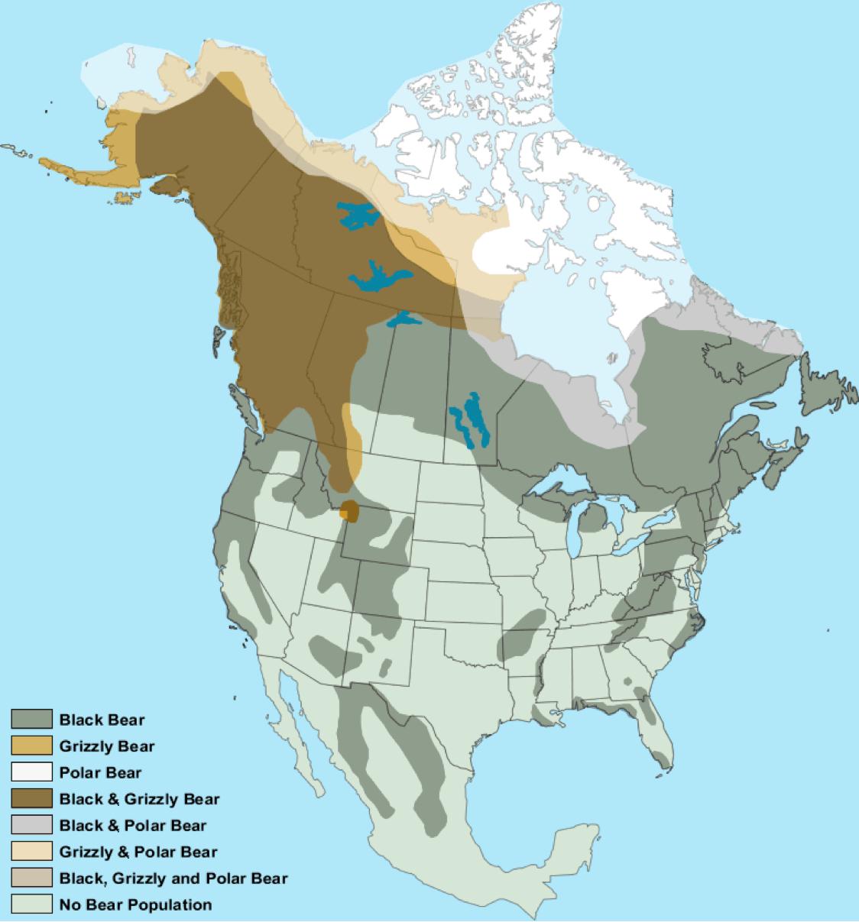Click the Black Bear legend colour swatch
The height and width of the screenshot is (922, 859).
pyautogui.click(x=31, y=719)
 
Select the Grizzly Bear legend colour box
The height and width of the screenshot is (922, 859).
pyautogui.click(x=31, y=746)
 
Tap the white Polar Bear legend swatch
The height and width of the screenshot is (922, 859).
pyautogui.click(x=31, y=772)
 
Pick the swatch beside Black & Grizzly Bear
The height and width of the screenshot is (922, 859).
pyautogui.click(x=31, y=799)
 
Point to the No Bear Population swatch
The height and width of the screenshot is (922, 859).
pyautogui.click(x=31, y=904)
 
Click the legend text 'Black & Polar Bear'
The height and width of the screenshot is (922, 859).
pyautogui.click(x=132, y=825)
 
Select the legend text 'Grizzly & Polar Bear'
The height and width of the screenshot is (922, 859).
pyautogui.click(x=138, y=852)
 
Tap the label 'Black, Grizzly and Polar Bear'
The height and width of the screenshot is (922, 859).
pyautogui.click(x=173, y=878)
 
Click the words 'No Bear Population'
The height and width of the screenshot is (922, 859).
pyautogui.click(x=135, y=905)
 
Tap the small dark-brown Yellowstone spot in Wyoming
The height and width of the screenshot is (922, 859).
pyautogui.click(x=350, y=510)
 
